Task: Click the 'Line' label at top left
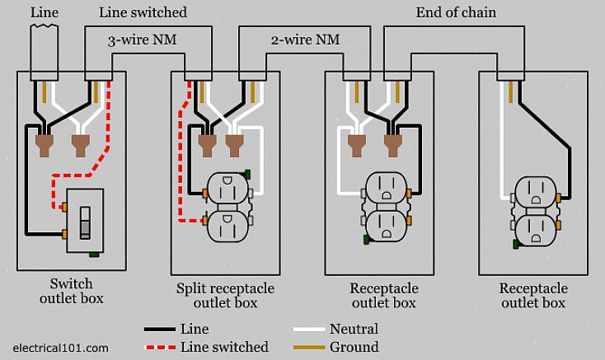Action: pyautogui.click(x=45, y=12)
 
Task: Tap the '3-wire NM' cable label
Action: pyautogui.click(x=142, y=40)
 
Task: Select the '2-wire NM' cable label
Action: pyautogui.click(x=305, y=40)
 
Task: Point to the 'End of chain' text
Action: pyautogui.click(x=456, y=12)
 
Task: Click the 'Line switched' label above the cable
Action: pyautogui.click(x=143, y=12)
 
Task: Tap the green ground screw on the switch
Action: pyautogui.click(x=95, y=254)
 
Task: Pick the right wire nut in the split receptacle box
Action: pyautogui.click(x=234, y=145)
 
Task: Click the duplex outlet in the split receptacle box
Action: pyautogui.click(x=225, y=207)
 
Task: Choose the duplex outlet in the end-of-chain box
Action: pyautogui.click(x=537, y=212)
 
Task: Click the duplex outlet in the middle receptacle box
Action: pyautogui.click(x=385, y=207)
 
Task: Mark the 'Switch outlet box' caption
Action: pyautogui.click(x=71, y=292)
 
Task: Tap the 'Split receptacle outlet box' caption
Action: pyautogui.click(x=224, y=296)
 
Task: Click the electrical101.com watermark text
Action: pyautogui.click(x=61, y=348)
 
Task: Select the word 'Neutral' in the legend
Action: pyautogui.click(x=354, y=330)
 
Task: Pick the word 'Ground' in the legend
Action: pyautogui.click(x=354, y=347)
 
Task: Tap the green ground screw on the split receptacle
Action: pyautogui.click(x=247, y=174)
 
